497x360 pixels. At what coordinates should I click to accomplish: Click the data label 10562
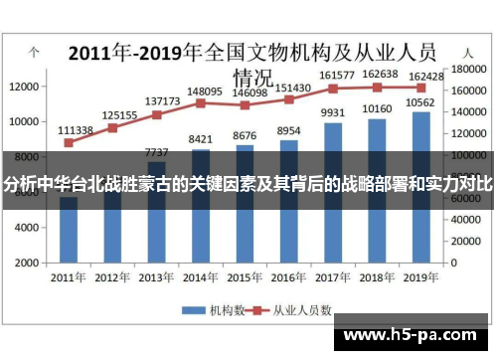(421, 102)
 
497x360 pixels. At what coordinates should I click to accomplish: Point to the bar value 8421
(201, 139)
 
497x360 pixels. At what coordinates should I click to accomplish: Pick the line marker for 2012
(112, 127)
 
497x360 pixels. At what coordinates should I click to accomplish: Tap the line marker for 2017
(333, 89)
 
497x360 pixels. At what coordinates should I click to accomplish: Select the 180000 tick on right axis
(467, 70)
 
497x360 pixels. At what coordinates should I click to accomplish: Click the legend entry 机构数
(212, 309)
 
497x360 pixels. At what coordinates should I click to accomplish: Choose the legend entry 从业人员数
(293, 309)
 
